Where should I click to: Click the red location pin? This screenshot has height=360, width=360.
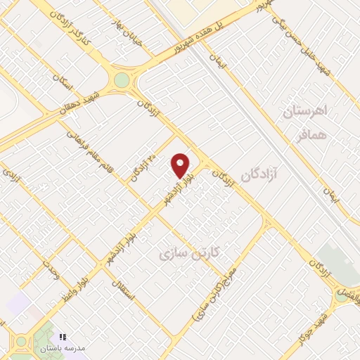181,165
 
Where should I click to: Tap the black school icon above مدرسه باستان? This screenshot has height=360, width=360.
63,337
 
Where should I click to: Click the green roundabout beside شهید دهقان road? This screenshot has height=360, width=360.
122,80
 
